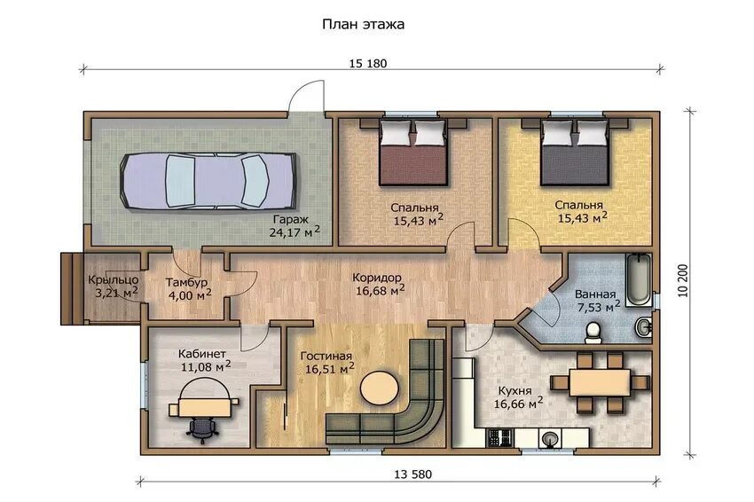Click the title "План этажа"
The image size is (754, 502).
click(x=363, y=25)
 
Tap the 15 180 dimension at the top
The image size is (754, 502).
click(x=368, y=64)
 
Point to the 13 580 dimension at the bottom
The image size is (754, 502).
click(x=413, y=475)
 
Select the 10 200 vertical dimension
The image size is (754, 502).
click(x=683, y=280)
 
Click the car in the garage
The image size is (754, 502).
click(x=208, y=181)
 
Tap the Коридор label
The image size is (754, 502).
click(x=376, y=278)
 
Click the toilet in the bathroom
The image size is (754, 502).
click(x=593, y=333)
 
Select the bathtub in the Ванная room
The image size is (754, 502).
click(x=639, y=278)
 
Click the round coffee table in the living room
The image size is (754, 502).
click(x=380, y=388)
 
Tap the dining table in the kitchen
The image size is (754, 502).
click(x=600, y=382)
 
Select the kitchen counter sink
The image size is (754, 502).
click(x=551, y=438)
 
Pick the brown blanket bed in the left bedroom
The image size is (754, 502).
click(x=413, y=152)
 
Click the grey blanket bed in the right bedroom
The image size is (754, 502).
click(x=576, y=152)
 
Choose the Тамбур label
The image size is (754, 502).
click(x=186, y=282)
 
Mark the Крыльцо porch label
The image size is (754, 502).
click(x=114, y=279)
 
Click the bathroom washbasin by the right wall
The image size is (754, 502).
click(x=644, y=327)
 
